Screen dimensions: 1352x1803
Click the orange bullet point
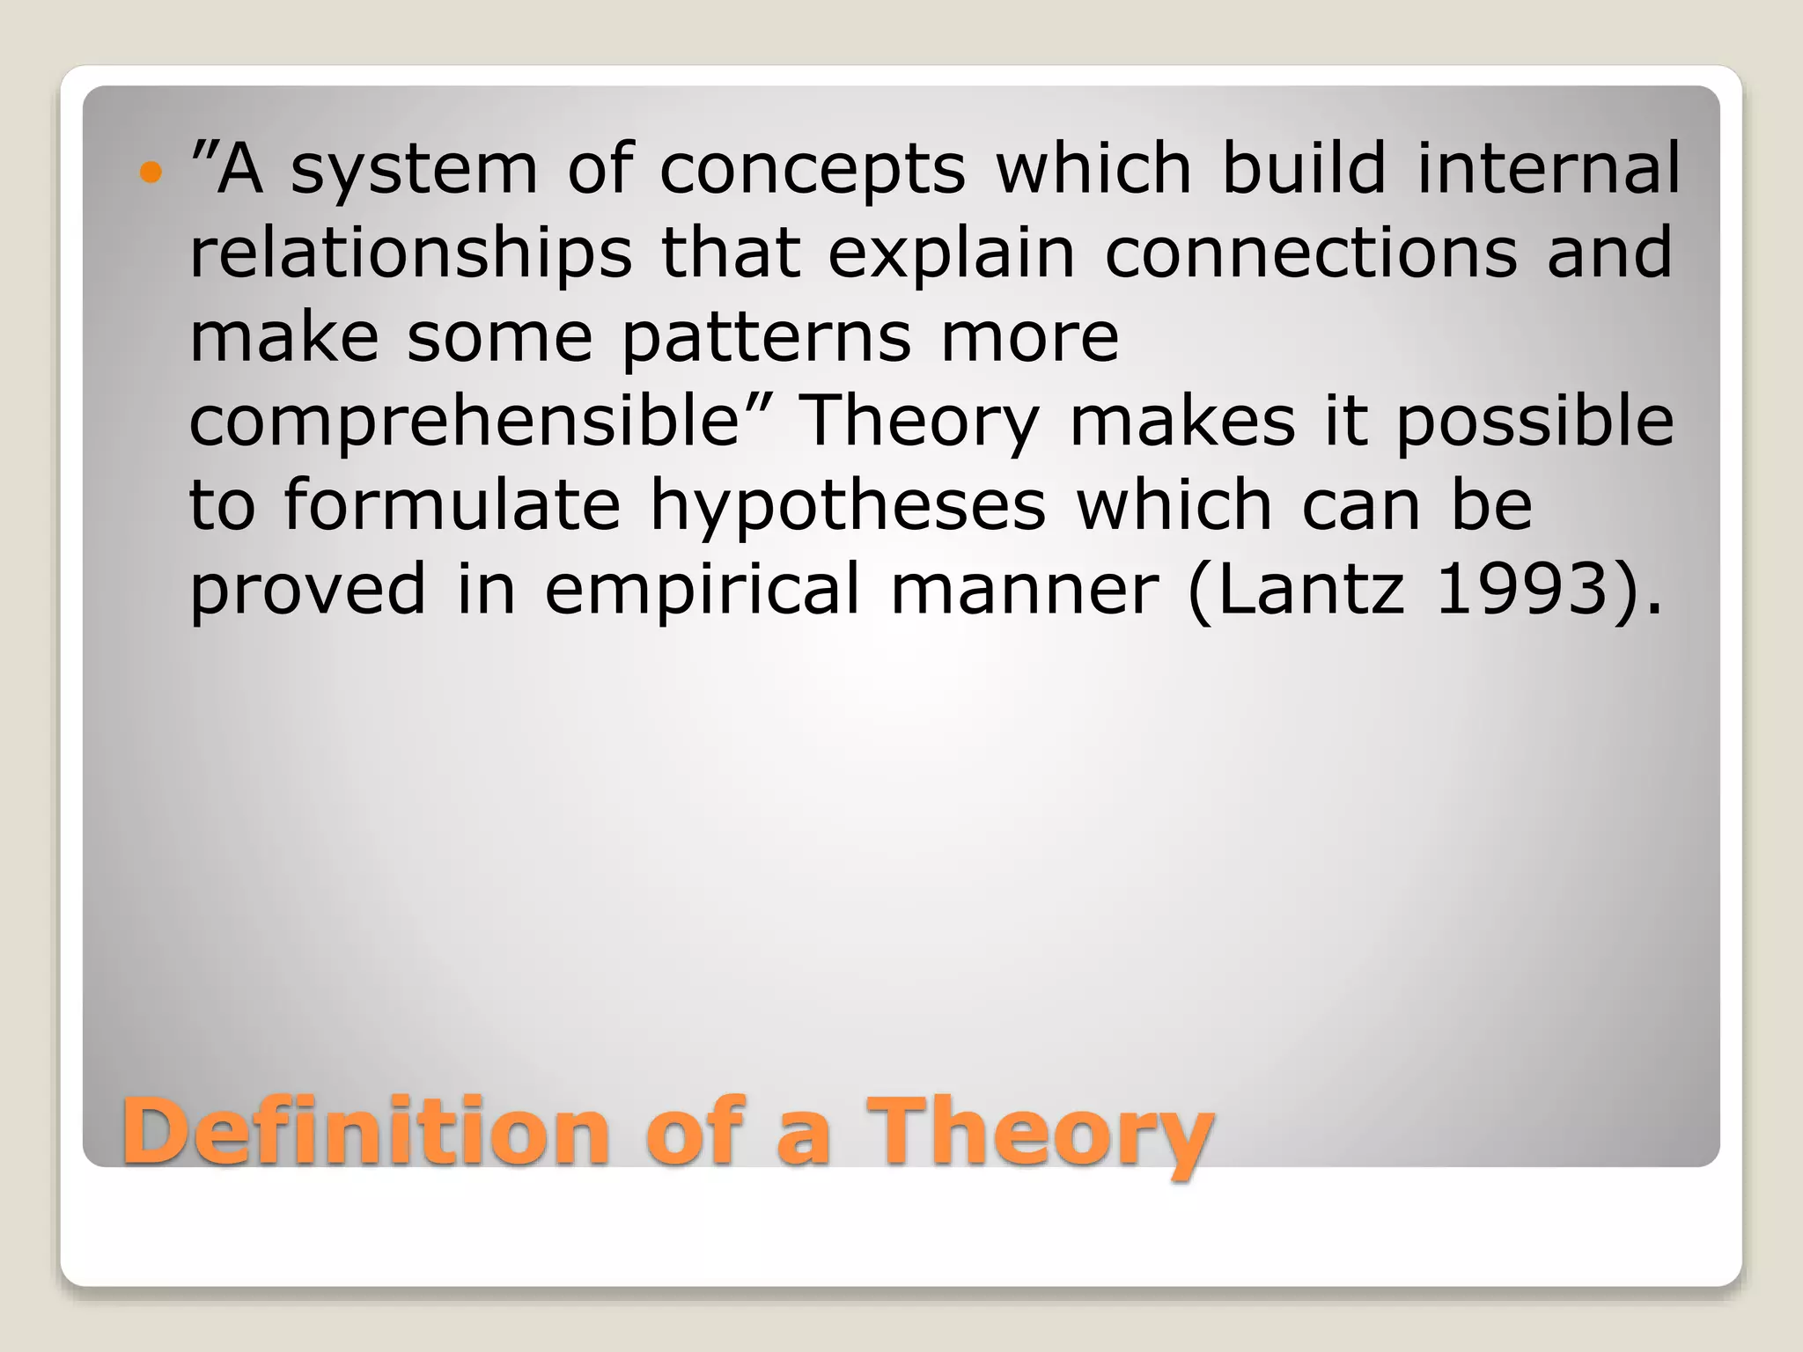[151, 173]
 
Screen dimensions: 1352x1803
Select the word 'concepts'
[812, 169]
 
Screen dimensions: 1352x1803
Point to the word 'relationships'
[410, 253]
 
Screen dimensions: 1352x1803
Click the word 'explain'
[952, 253]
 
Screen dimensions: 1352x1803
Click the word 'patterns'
[766, 338]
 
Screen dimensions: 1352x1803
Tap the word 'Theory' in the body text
[919, 422]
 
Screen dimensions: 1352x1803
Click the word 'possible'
[1534, 422]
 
